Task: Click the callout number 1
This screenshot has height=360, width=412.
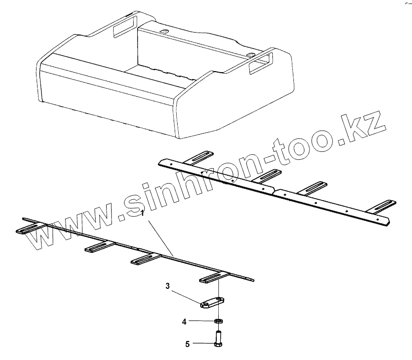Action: pyautogui.click(x=143, y=213)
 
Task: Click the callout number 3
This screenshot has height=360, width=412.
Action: pyautogui.click(x=169, y=286)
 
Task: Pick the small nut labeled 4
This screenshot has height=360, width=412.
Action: pyautogui.click(x=219, y=320)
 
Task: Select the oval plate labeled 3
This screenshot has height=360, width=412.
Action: pyautogui.click(x=211, y=303)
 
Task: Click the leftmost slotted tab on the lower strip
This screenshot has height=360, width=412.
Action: pyautogui.click(x=30, y=230)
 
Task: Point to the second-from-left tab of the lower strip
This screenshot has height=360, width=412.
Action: pyautogui.click(x=98, y=247)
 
